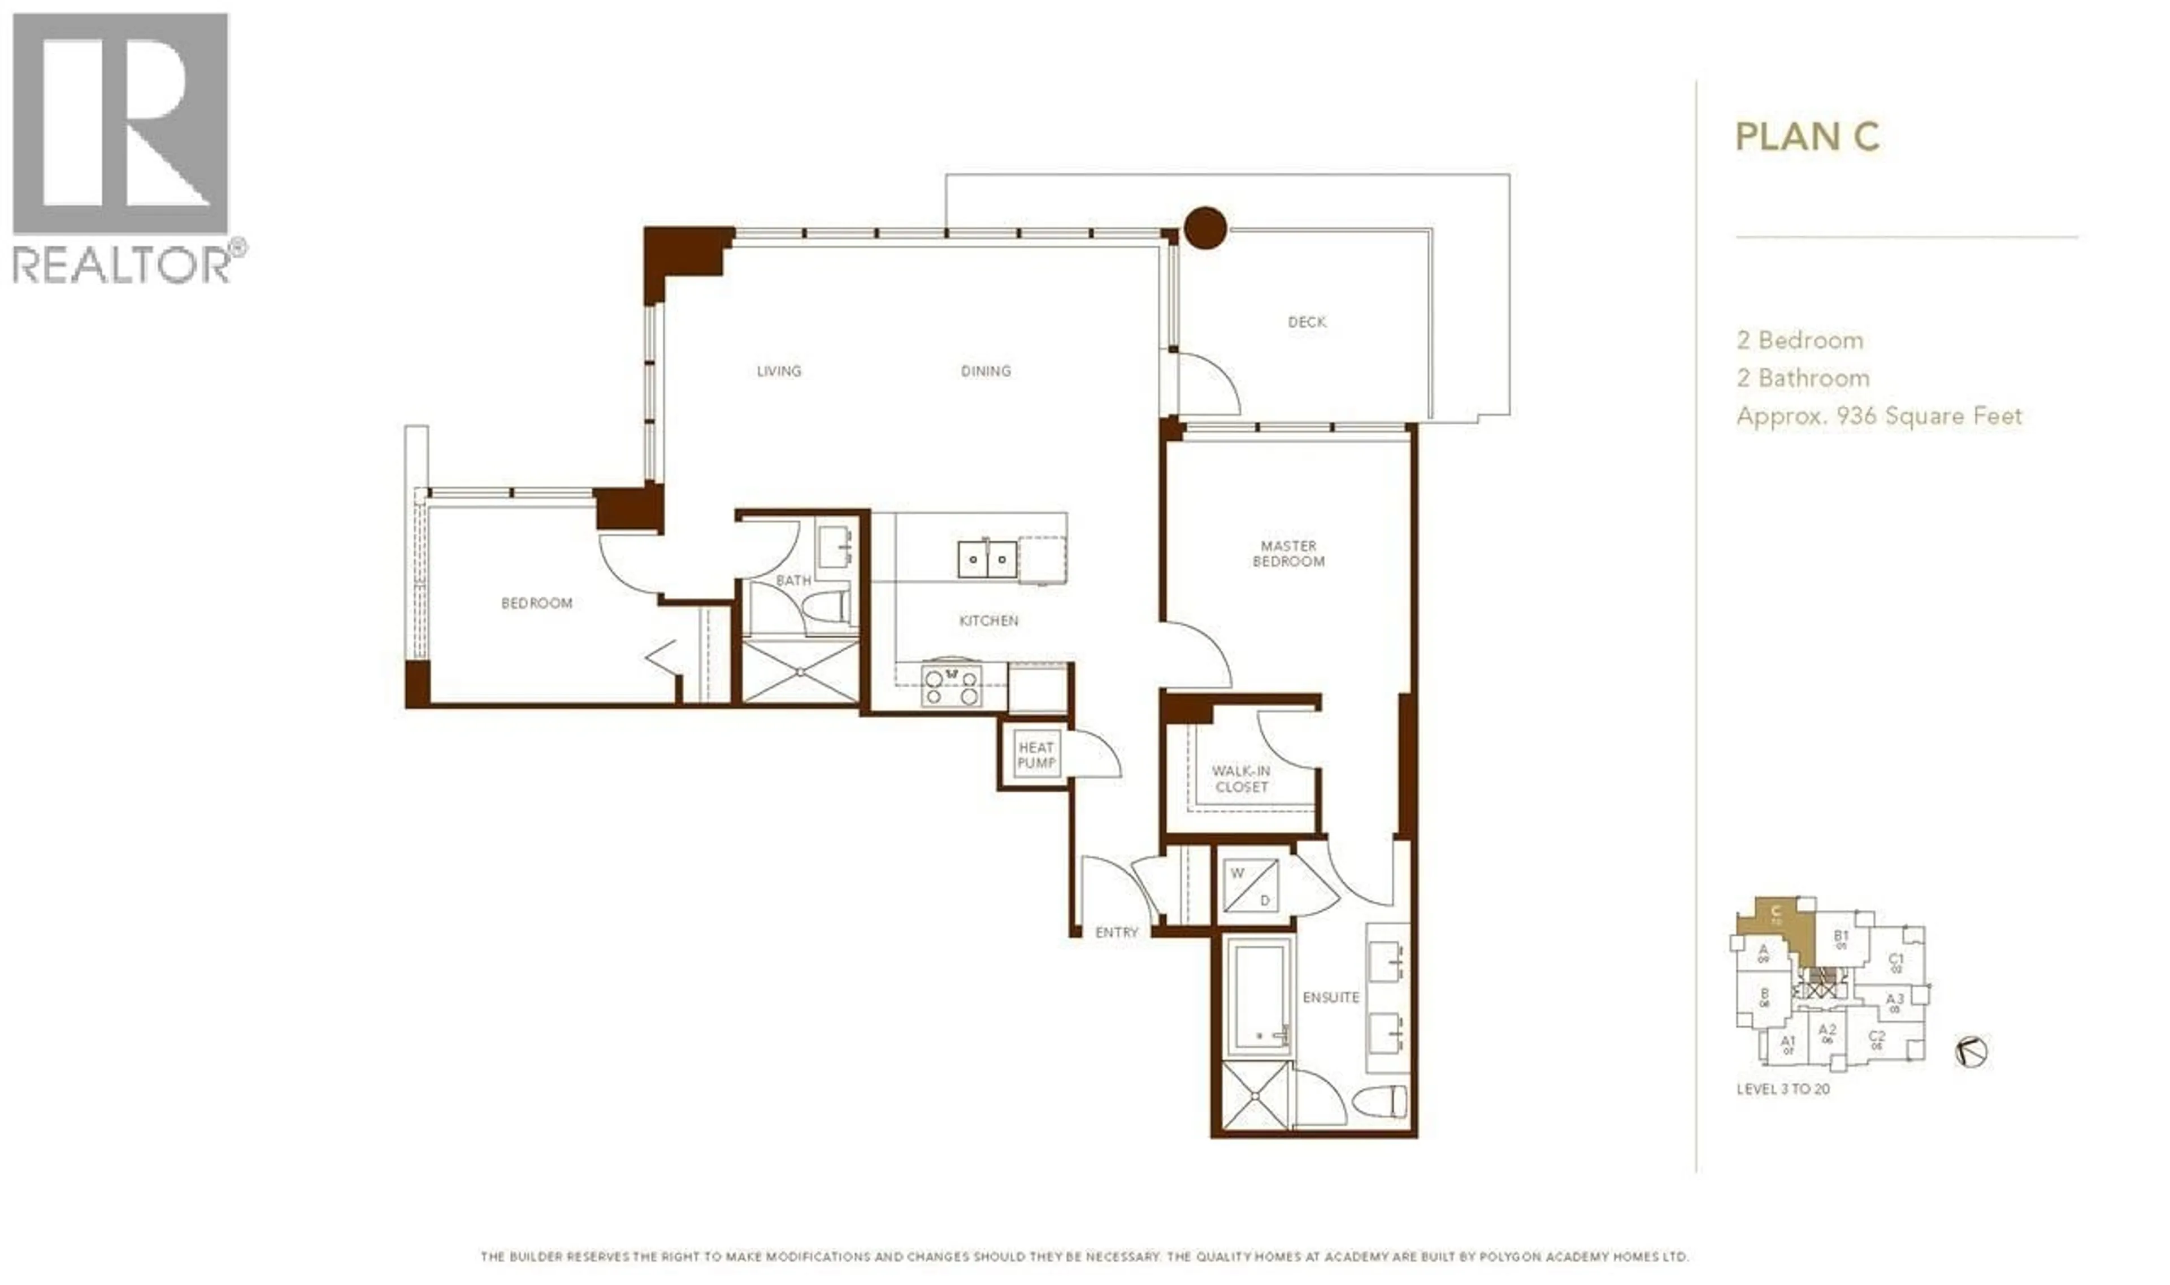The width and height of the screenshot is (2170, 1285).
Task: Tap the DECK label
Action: (x=1306, y=322)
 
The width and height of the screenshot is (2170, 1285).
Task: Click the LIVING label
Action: (x=779, y=371)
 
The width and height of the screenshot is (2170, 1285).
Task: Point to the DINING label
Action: (x=986, y=371)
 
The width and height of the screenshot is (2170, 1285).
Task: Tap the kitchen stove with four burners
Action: (x=951, y=684)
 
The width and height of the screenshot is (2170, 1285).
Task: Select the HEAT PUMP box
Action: (x=1036, y=754)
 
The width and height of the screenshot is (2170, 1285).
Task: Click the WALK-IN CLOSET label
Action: (x=1241, y=779)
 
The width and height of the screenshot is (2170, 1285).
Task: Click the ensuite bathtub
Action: (x=1258, y=997)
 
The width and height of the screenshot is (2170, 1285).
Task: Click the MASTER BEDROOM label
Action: (x=1288, y=553)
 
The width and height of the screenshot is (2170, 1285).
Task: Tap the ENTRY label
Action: (x=1116, y=932)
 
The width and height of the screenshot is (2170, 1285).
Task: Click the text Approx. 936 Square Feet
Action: (x=1878, y=416)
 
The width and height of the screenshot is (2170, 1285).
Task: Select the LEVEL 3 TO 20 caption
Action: (x=1782, y=1089)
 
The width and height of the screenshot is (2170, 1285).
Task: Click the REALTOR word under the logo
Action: (x=121, y=263)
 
